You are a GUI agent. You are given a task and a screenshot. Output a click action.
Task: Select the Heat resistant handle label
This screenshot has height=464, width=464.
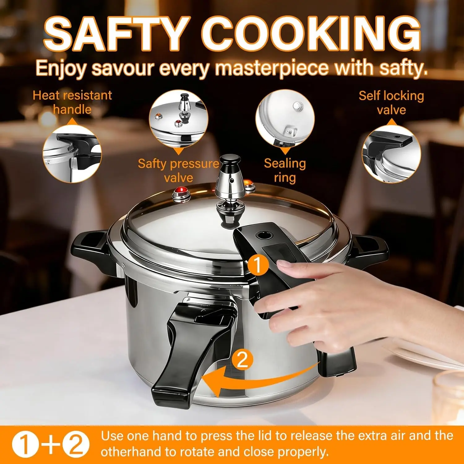pos(72,102)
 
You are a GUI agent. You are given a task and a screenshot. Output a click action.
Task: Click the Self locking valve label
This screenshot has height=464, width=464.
pos(391,102)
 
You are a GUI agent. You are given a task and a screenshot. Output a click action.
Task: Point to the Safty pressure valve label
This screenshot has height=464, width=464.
pos(178,170)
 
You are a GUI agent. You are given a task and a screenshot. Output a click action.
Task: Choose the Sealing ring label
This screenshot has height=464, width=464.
pos(285,170)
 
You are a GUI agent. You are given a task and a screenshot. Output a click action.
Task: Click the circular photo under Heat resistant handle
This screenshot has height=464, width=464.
pos(72,154)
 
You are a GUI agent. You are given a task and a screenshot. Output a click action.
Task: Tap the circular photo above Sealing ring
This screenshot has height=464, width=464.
pos(285,119)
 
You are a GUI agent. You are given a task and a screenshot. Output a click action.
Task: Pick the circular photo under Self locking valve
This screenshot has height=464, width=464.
pos(392,154)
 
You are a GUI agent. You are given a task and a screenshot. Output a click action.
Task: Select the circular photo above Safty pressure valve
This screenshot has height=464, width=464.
pos(178,119)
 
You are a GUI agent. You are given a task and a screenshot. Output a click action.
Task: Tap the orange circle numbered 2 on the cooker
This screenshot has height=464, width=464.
pos(242,359)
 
